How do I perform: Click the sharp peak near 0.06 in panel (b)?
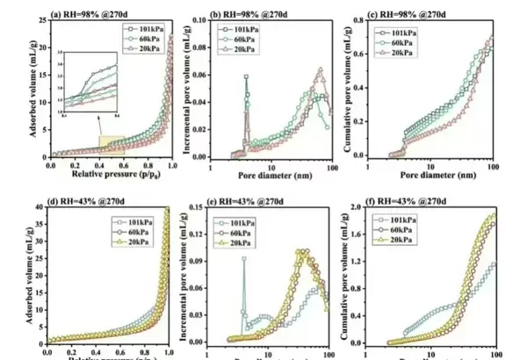[246, 76]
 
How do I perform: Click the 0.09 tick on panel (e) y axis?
[197, 260]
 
